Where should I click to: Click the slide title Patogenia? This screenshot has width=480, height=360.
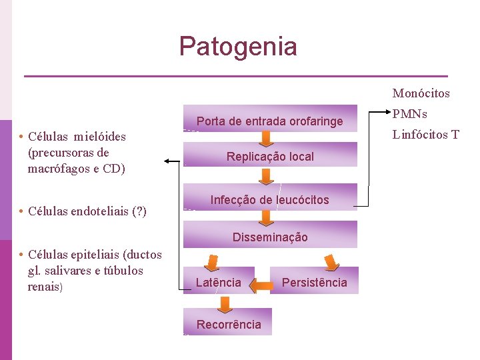[x=238, y=47]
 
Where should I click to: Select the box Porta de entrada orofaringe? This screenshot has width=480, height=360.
[x=269, y=121]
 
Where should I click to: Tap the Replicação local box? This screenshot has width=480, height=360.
[x=269, y=157]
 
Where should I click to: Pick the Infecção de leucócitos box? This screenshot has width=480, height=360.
[x=269, y=199]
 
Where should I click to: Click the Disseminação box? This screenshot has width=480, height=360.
[x=269, y=237]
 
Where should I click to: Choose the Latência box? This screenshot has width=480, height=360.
[x=218, y=282]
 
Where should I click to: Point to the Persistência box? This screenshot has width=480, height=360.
[x=314, y=282]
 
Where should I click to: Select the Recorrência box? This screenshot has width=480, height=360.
[x=228, y=324]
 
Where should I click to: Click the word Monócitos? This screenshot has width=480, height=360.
[x=421, y=93]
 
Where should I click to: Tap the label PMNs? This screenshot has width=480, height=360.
[x=410, y=114]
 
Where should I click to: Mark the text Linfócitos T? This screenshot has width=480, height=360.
[x=425, y=135]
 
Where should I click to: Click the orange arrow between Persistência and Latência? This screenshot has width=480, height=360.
[x=261, y=285]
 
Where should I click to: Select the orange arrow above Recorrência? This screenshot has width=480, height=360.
[x=225, y=303]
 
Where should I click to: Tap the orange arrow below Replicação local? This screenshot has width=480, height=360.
[x=267, y=176]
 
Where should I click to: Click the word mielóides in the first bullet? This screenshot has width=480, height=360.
[x=100, y=137]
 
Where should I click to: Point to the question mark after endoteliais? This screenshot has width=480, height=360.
[x=140, y=211]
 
